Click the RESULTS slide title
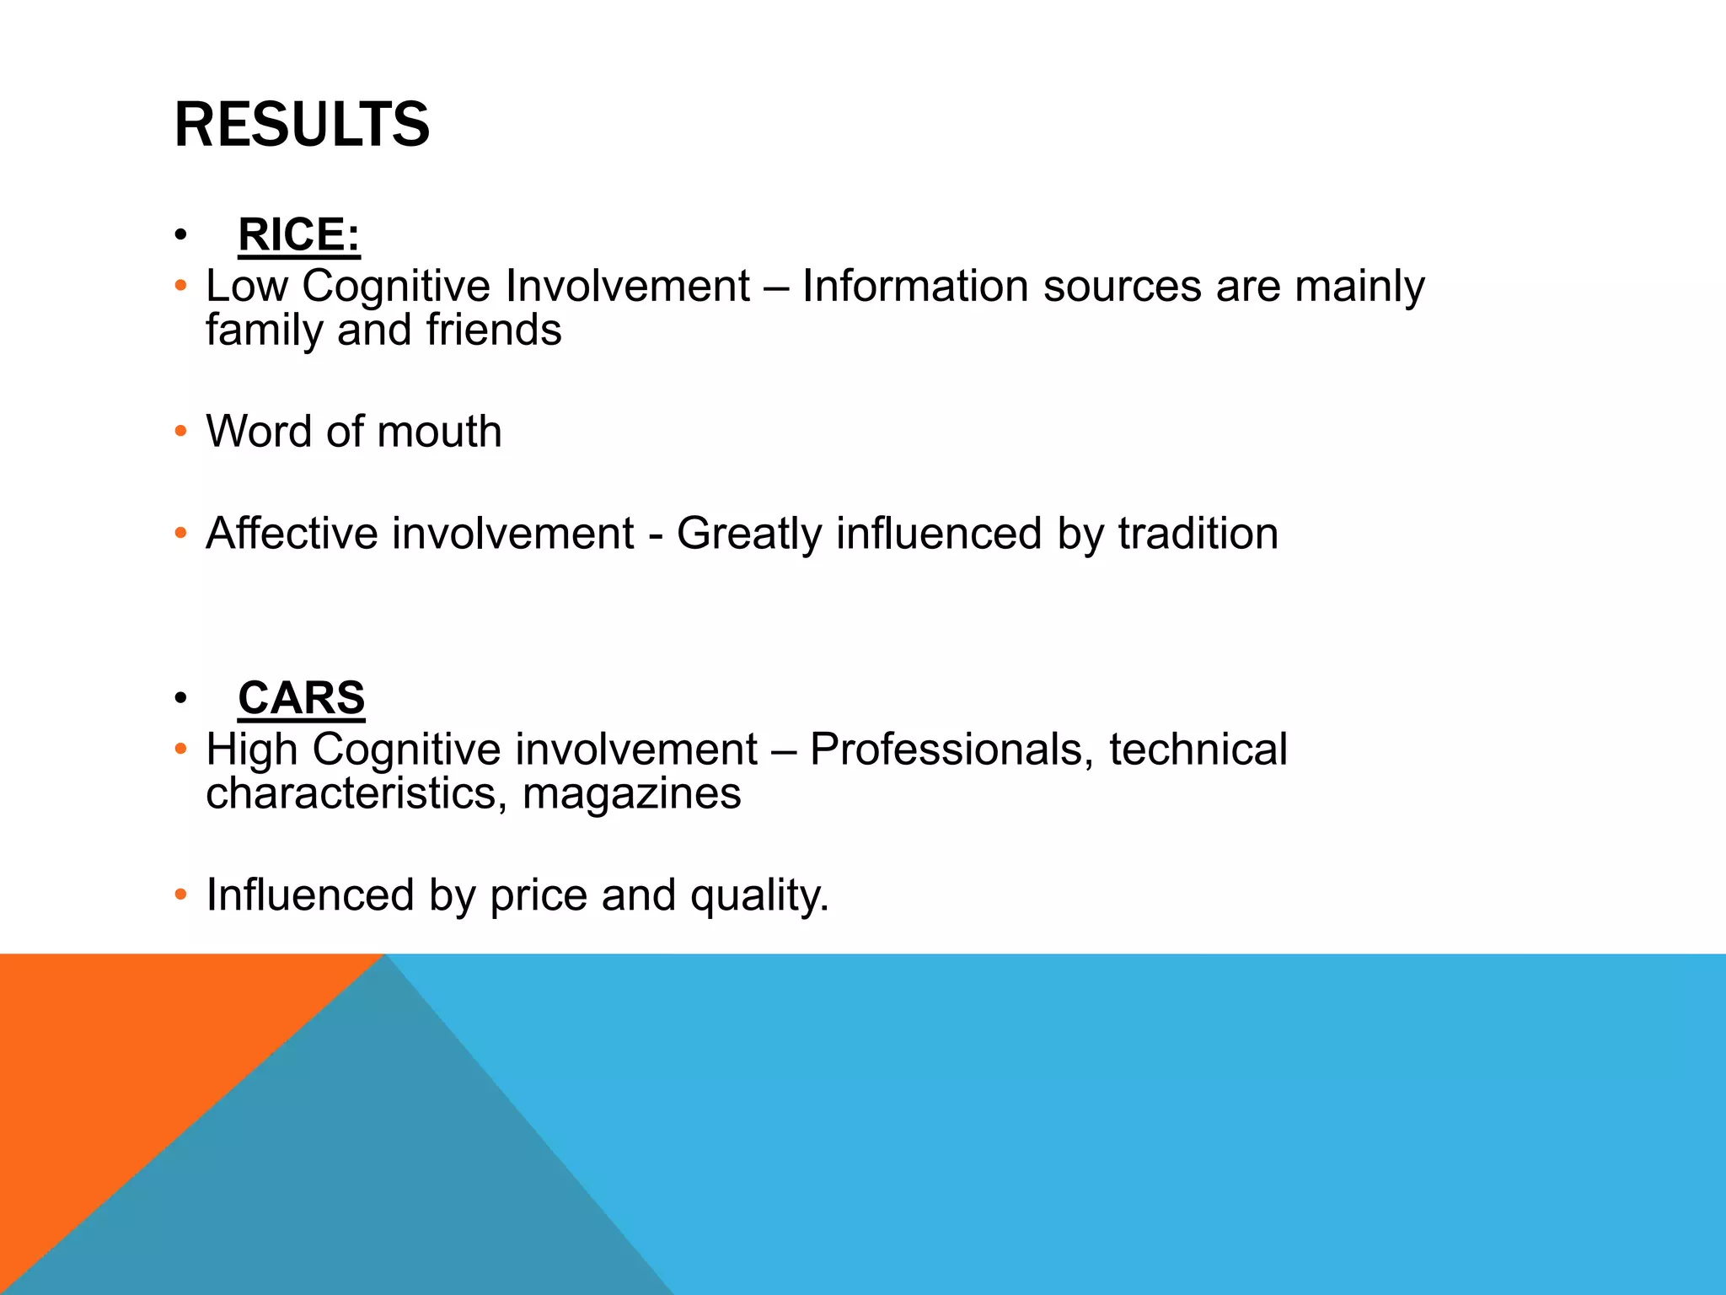[302, 125]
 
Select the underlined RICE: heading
[299, 234]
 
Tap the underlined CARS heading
[301, 698]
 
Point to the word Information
[915, 286]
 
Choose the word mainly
[1359, 287]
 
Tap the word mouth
[439, 432]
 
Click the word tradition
[1198, 534]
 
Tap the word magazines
[631, 794]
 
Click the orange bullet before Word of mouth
[180, 432]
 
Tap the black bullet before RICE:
[180, 235]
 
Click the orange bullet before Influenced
[180, 895]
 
